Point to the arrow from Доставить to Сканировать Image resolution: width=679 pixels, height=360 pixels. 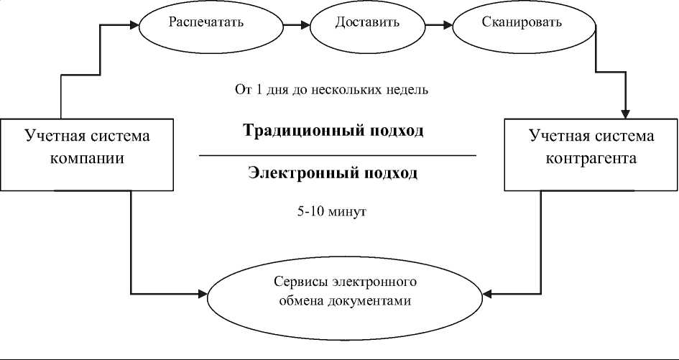438,25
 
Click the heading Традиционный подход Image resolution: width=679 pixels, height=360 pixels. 333,131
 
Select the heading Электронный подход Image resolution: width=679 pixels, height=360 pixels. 332,173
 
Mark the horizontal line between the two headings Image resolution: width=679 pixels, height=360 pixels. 338,155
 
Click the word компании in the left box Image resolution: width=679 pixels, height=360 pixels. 88,159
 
